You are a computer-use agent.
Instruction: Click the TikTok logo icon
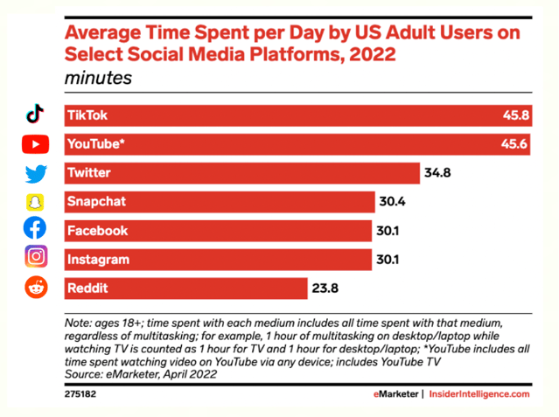click(35, 115)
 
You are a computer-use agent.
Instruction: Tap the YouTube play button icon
click(35, 143)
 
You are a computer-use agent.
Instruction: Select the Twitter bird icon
click(35, 173)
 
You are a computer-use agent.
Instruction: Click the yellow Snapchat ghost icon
click(35, 202)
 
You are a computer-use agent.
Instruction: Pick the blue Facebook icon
click(35, 229)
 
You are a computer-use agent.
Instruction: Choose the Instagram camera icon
click(35, 257)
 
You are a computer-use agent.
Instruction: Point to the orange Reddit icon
click(35, 286)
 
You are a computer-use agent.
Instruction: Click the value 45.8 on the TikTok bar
click(513, 115)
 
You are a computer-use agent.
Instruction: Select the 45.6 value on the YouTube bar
click(513, 144)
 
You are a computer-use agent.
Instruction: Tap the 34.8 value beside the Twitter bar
click(437, 173)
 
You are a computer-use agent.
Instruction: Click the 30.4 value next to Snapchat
click(393, 202)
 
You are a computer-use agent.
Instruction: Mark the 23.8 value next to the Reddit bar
click(326, 288)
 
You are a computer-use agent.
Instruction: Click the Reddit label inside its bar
click(88, 288)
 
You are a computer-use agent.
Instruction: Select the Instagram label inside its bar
click(98, 259)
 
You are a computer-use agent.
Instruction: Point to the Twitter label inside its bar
click(88, 173)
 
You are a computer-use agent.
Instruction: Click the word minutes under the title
click(98, 79)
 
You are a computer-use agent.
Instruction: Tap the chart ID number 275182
click(81, 394)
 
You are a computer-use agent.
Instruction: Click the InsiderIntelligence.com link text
click(480, 394)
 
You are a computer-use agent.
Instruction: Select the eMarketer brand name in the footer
click(393, 394)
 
